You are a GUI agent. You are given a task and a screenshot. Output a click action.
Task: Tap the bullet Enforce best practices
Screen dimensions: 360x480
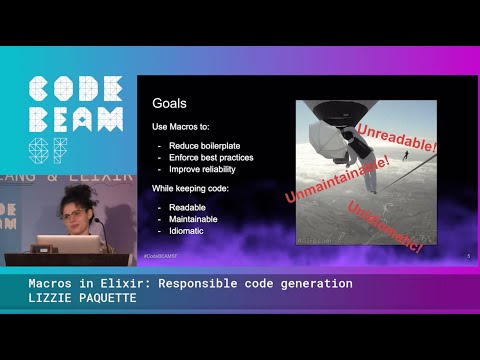pos(212,157)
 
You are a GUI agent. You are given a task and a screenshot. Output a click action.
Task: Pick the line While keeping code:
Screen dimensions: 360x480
pos(189,188)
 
